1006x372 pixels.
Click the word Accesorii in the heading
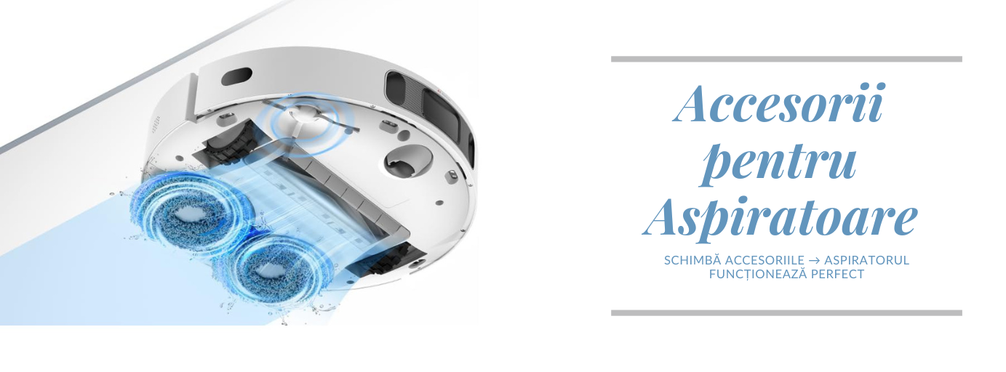pos(780,102)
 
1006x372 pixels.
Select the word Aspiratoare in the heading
pos(780,219)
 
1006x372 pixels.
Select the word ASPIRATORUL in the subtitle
pos(867,260)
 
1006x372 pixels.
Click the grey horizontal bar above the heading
pos(786,59)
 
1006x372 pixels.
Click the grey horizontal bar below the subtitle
pos(786,312)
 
